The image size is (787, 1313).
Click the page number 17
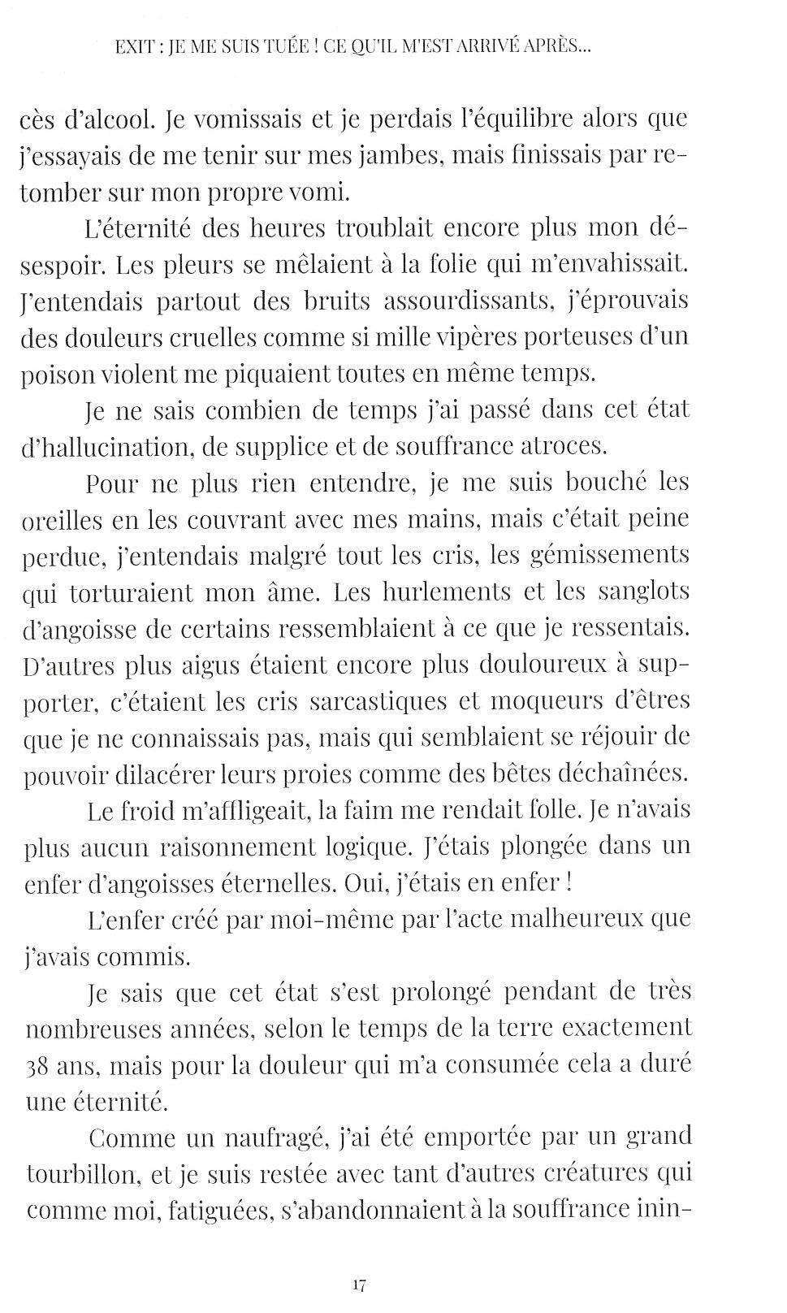click(361, 1285)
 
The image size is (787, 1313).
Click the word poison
click(58, 374)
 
